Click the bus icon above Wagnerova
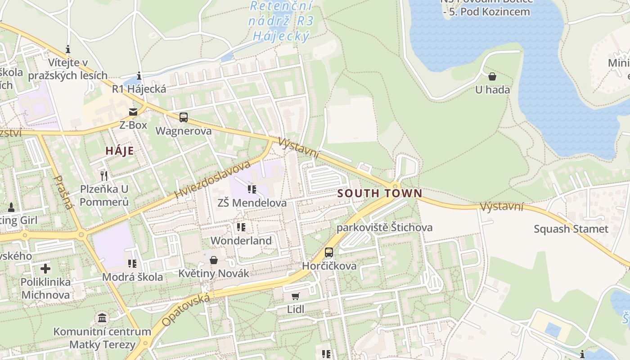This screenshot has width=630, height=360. (x=183, y=117)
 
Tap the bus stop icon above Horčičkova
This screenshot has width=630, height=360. (x=329, y=252)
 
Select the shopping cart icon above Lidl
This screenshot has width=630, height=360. (x=295, y=296)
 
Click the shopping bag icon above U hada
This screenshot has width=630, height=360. (x=492, y=76)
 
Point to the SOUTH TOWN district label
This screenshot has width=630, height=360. (x=380, y=193)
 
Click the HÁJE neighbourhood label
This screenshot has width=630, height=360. (x=120, y=151)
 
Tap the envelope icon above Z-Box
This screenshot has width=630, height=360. (x=133, y=112)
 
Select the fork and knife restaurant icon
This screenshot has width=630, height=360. (x=104, y=175)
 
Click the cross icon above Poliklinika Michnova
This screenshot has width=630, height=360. (x=45, y=269)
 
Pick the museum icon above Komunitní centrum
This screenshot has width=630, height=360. (x=102, y=318)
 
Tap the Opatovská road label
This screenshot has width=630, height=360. (x=186, y=310)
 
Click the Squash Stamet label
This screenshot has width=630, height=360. (x=571, y=229)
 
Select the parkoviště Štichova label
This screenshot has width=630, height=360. (x=384, y=227)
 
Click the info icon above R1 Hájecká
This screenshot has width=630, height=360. (x=139, y=76)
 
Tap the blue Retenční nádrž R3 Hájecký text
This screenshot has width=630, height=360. (x=281, y=21)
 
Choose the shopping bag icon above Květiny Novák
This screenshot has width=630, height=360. (x=214, y=260)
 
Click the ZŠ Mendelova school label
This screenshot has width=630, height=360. (x=252, y=203)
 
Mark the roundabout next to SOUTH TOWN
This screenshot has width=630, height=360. (x=395, y=185)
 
